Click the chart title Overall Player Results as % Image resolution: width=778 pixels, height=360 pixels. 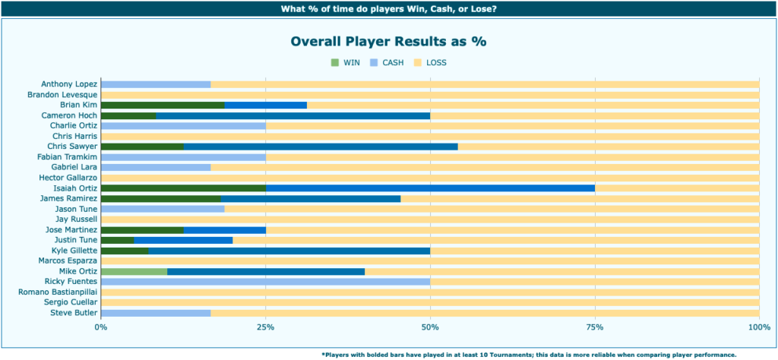tap(388, 41)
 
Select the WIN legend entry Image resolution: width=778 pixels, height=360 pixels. tap(346, 62)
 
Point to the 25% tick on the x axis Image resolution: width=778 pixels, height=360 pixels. tap(265, 327)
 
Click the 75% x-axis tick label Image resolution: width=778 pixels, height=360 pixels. tap(594, 327)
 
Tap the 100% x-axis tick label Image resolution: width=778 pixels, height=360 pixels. tap(758, 327)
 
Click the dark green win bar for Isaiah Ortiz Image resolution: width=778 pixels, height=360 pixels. tap(182, 188)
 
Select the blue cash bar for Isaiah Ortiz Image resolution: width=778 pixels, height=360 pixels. tap(430, 188)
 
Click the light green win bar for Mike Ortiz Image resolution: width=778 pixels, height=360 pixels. tap(134, 271)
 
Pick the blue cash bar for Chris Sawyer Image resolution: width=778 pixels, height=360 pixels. tap(321, 146)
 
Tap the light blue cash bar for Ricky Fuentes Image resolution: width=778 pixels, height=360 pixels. tap(265, 282)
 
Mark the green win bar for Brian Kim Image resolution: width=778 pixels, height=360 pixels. tap(163, 105)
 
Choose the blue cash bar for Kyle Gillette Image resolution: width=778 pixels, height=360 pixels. tap(289, 251)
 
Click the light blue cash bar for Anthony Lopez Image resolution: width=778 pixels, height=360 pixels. tap(156, 84)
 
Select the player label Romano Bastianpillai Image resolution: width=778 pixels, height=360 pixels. tap(58, 292)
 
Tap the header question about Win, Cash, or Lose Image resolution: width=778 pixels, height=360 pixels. tap(388, 9)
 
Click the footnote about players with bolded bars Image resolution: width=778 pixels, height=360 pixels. tap(529, 354)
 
